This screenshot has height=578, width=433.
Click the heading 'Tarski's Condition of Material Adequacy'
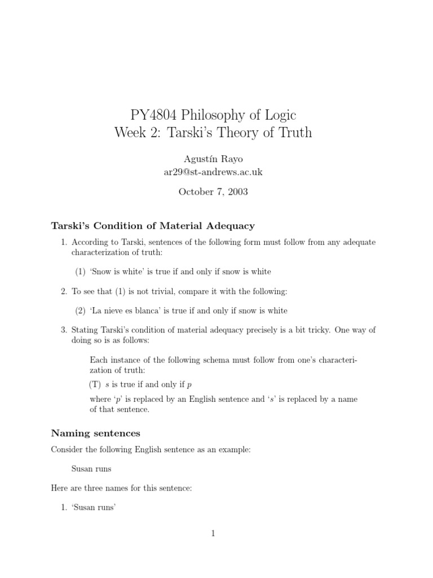(153, 226)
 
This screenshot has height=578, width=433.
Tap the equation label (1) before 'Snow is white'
(81, 272)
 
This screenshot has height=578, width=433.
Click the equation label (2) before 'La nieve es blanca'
(81, 310)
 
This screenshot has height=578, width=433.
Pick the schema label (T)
(94, 384)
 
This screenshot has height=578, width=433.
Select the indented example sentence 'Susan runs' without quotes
(91, 468)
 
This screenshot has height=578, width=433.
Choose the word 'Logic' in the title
(277, 116)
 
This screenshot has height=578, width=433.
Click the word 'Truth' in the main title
(295, 134)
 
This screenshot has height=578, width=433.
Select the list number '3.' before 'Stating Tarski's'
(64, 330)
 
